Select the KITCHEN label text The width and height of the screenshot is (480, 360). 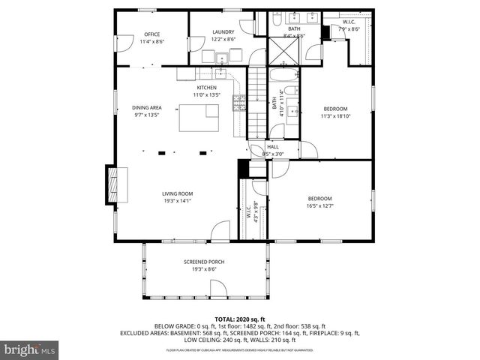206,88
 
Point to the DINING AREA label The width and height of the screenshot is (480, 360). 147,108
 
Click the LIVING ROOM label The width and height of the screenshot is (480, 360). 178,193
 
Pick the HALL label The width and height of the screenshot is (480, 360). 273,147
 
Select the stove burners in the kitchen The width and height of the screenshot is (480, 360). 240,103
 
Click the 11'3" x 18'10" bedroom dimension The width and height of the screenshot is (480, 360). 335,115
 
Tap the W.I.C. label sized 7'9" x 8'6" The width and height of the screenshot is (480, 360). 350,29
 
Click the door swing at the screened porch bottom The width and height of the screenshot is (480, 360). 218,291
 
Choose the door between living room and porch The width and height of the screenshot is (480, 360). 220,232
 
